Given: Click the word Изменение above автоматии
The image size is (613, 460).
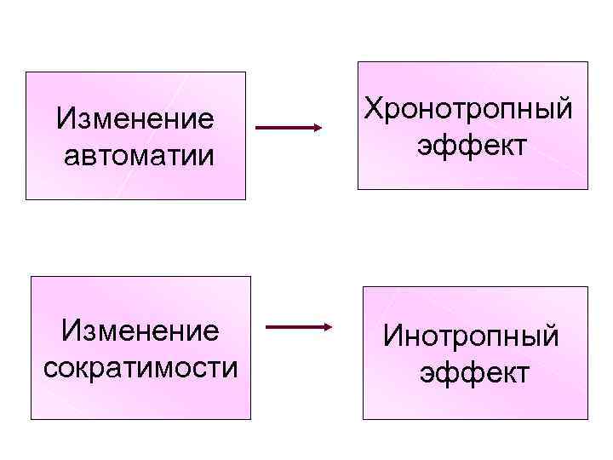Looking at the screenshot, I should (x=135, y=118).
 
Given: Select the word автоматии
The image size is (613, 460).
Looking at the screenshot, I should (x=136, y=156).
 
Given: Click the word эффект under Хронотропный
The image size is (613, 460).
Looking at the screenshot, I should (x=471, y=146).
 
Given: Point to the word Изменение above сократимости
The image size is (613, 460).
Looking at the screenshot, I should (x=140, y=330).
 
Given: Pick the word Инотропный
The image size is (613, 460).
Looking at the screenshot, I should (x=471, y=336).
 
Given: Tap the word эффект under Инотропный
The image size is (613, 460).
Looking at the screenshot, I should (x=473, y=373).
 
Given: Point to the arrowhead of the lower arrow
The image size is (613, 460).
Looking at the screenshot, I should (x=328, y=327).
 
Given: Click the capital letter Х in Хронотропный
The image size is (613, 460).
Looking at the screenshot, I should (x=373, y=108).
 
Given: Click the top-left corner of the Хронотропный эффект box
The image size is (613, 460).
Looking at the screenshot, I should (x=358, y=61).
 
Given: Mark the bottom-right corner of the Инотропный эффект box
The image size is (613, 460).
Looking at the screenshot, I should (x=588, y=419).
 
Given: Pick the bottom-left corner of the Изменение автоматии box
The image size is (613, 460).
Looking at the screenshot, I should (x=26, y=199).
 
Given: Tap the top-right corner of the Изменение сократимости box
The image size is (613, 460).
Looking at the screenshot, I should (x=251, y=276).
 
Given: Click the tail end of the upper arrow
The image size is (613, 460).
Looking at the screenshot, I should (x=256, y=129).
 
